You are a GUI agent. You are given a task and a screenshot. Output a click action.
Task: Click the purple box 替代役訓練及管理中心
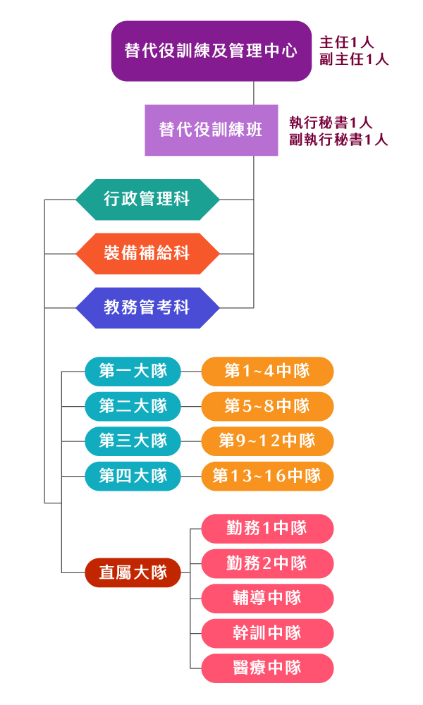[x=211, y=51]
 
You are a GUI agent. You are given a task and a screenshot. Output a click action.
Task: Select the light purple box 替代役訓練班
[x=211, y=130]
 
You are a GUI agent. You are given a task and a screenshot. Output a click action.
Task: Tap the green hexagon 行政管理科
[x=147, y=200]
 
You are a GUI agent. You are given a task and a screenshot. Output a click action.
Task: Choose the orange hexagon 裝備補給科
[x=147, y=254]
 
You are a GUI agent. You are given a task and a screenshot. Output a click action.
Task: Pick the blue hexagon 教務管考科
[x=147, y=308]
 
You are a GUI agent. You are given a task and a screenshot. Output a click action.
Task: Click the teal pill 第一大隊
[x=133, y=371]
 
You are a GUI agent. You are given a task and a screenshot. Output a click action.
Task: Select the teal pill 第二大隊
[x=133, y=406]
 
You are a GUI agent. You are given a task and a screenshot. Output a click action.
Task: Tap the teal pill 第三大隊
[x=133, y=441]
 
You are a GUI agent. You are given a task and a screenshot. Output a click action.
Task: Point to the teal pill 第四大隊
[x=133, y=477]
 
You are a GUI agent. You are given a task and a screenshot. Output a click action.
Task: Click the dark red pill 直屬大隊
[x=133, y=572]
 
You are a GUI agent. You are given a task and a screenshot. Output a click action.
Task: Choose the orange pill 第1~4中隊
[x=267, y=371]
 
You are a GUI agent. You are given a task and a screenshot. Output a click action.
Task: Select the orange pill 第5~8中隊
[x=267, y=406]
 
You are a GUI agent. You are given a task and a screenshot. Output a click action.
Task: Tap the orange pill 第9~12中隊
[x=267, y=441]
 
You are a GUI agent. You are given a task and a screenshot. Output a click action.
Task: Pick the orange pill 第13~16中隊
[x=267, y=477]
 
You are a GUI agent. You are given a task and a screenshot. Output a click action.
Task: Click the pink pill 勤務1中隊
[x=267, y=528]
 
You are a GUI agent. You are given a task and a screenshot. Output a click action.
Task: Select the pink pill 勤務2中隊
[x=267, y=563]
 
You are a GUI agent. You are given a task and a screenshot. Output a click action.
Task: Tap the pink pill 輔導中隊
[x=267, y=598]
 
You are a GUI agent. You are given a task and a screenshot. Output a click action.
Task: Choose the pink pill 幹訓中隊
[x=267, y=633]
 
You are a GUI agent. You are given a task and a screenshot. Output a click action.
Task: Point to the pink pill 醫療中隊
[x=267, y=668]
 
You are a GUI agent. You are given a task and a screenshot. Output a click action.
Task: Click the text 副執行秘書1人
[x=338, y=140]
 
